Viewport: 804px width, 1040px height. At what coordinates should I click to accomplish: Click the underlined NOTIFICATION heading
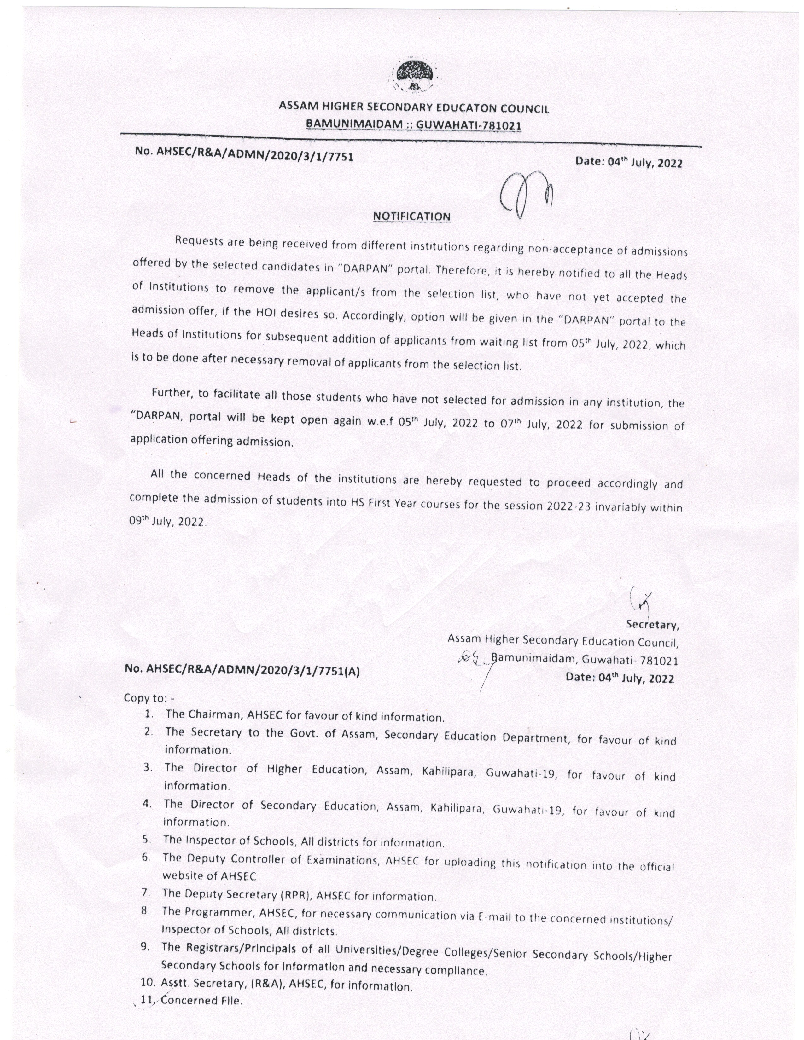coord(411,216)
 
